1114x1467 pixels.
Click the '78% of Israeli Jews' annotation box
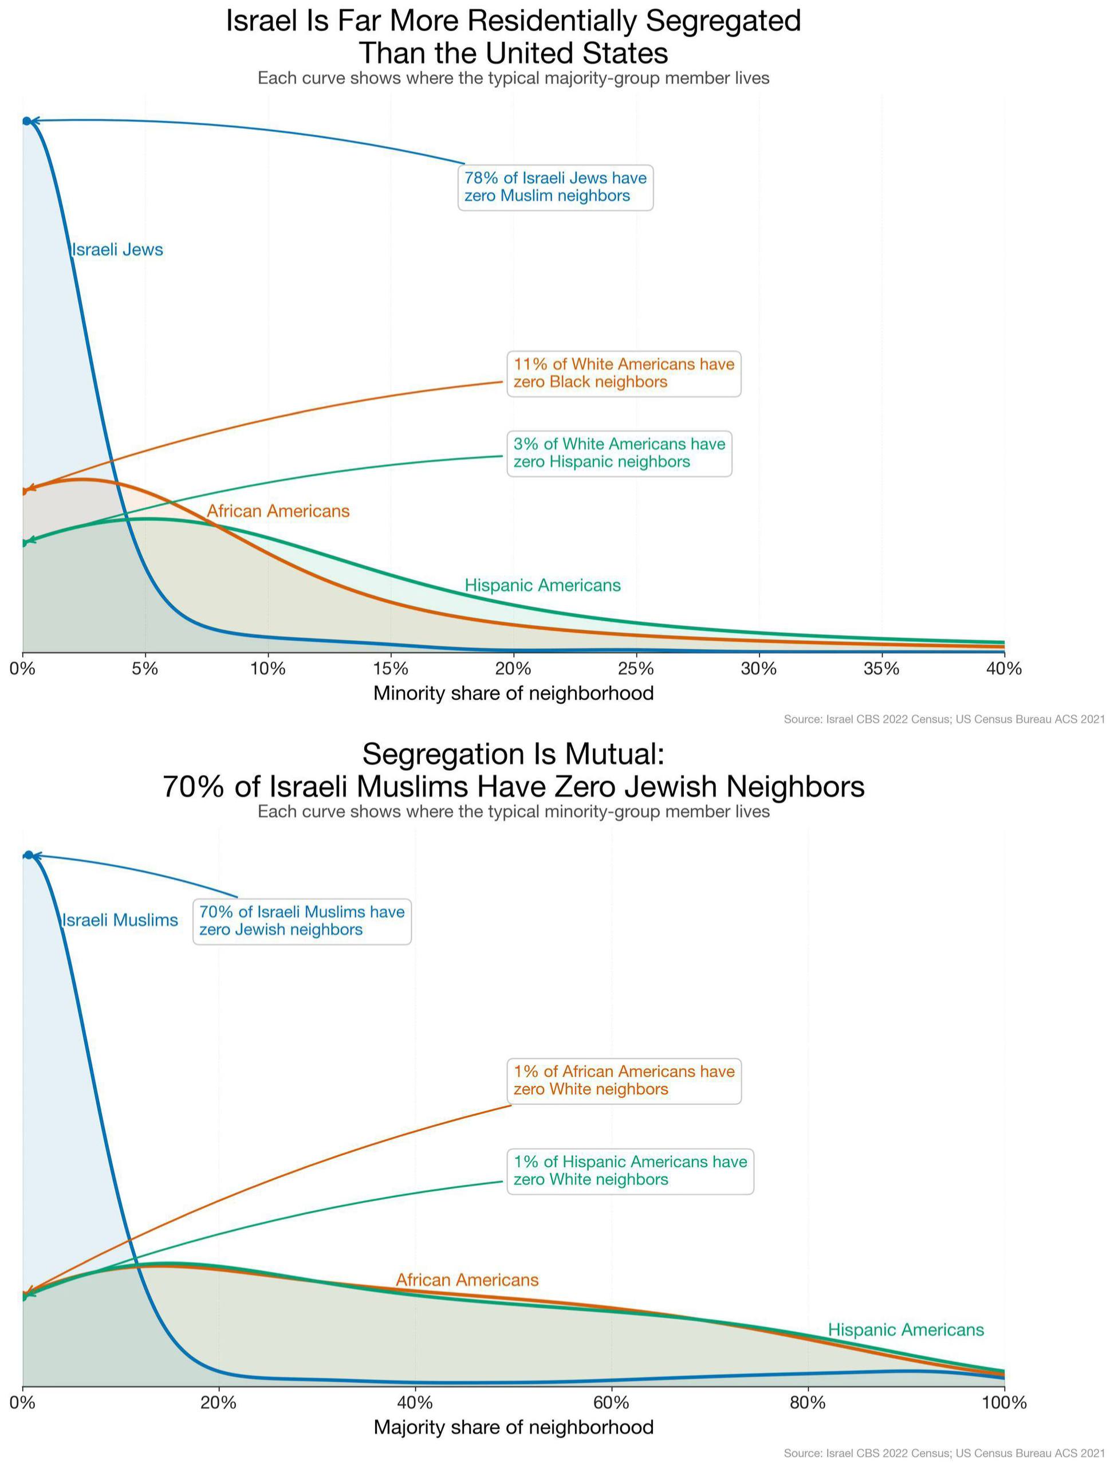point(555,187)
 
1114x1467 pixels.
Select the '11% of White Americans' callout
point(623,373)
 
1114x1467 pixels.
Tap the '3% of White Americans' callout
point(619,453)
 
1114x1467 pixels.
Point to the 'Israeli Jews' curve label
point(117,250)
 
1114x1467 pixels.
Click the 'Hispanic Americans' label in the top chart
point(542,585)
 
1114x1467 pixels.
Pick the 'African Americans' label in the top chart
point(278,511)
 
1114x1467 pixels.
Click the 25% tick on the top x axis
point(636,669)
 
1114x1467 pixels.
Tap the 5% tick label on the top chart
point(145,669)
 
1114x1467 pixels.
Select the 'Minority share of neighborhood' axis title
point(513,693)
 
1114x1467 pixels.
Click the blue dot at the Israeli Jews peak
point(26,121)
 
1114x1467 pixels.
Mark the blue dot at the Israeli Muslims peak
point(29,854)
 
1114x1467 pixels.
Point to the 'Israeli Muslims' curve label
point(120,920)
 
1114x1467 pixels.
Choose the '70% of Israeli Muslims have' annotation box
point(302,921)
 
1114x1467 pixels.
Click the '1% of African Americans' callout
point(623,1080)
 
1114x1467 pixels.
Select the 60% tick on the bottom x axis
point(611,1403)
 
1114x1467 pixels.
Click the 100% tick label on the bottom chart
point(1004,1403)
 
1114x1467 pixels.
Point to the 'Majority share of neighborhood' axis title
point(513,1427)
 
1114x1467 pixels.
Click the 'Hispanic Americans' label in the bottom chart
point(906,1329)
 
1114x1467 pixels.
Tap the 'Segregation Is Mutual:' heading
point(513,754)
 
